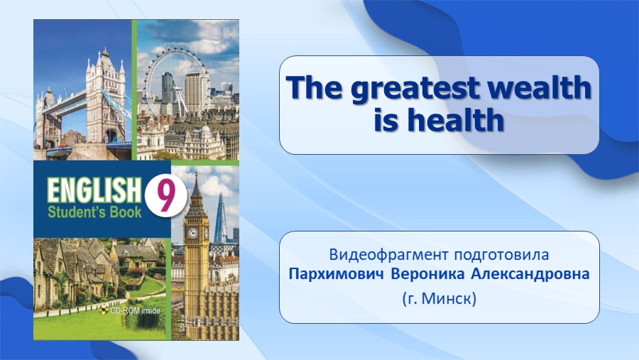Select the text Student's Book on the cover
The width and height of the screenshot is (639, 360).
coord(94,212)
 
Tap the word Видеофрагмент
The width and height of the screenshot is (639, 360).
coord(389,254)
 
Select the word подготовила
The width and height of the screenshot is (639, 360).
coord(502,255)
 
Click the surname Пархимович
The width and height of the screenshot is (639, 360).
coord(337,274)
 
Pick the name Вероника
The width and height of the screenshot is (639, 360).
coord(427,274)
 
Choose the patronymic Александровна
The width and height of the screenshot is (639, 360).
coord(530,274)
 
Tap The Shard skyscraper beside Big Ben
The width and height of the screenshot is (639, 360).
coord(220,218)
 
